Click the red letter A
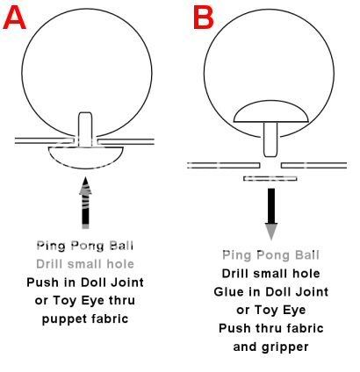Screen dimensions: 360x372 15,18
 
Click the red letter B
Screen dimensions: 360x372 204,18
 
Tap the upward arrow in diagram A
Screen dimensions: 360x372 85,203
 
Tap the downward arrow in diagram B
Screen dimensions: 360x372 271,214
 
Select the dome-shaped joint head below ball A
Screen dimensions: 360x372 85,158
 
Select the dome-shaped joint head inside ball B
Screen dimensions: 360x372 270,111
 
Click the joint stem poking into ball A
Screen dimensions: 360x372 85,129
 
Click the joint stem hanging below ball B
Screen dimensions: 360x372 270,139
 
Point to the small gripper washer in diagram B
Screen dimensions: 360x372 270,178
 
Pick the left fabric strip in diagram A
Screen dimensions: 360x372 44,140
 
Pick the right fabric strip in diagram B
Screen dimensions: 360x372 314,165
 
